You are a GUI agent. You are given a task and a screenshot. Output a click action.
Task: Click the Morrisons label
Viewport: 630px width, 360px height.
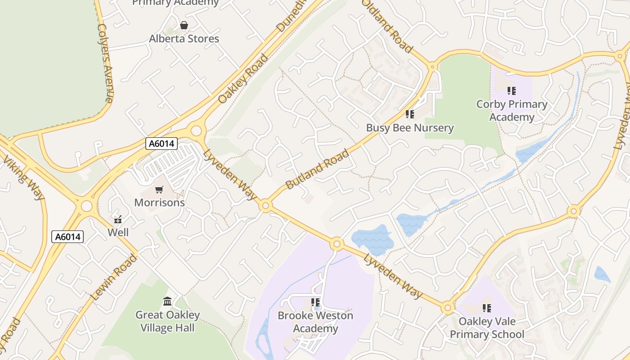point(159,202)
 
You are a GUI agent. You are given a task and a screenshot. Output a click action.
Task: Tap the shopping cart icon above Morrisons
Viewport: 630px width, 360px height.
point(159,190)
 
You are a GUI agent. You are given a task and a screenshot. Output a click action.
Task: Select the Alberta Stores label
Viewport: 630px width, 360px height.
point(184,39)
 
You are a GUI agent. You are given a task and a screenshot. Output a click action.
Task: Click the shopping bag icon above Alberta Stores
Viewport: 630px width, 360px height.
point(184,25)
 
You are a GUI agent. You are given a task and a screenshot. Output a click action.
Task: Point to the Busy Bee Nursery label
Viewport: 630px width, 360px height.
point(409,128)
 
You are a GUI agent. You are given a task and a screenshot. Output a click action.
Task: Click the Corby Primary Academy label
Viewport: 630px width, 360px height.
point(512,111)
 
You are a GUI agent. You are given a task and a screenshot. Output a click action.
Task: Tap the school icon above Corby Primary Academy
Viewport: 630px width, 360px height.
point(511,91)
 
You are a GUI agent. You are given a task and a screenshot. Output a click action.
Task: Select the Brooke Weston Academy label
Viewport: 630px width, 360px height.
point(315,322)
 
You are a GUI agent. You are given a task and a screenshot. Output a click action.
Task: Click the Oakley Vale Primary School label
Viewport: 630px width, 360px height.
point(487,328)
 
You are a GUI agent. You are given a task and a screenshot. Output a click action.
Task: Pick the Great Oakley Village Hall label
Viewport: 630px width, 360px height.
point(167,321)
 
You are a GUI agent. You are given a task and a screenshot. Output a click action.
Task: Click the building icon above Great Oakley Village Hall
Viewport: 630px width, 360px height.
point(167,301)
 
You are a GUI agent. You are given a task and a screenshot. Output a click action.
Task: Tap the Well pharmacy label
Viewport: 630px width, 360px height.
point(118,233)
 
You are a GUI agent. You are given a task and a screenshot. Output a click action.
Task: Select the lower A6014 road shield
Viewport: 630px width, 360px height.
point(67,237)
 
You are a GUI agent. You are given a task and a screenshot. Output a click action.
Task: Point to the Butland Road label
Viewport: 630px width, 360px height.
point(317,169)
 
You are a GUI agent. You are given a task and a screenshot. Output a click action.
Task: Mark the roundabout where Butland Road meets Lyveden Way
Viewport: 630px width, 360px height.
point(265,206)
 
